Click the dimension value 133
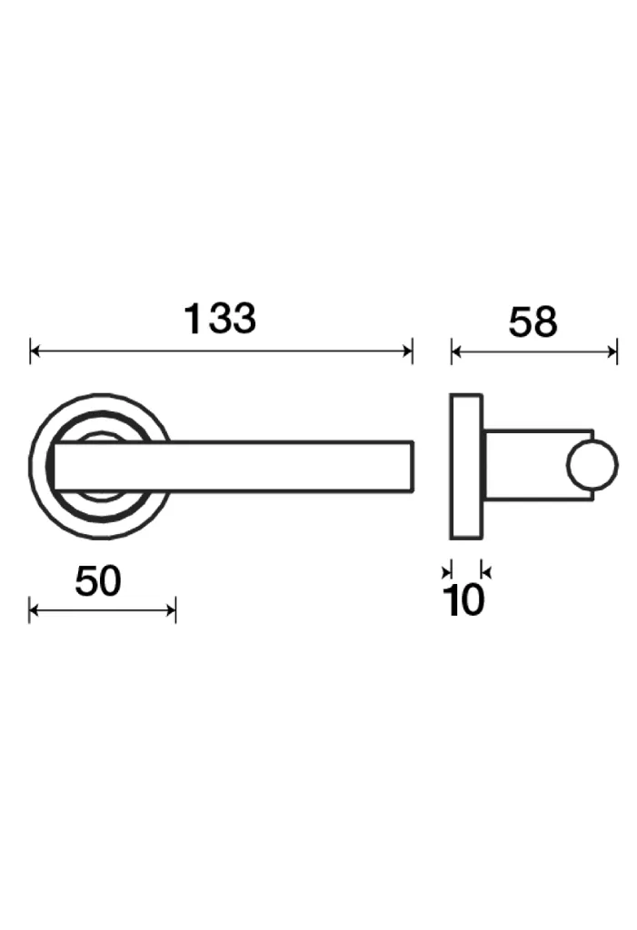tap(220, 319)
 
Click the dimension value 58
tap(532, 322)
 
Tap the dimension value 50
tap(98, 581)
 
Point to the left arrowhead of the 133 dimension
tap(35, 351)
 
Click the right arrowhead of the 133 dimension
tap(407, 351)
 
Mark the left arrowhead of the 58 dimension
tap(456, 352)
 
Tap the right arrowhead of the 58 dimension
tap(612, 352)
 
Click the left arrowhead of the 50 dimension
tap(34, 609)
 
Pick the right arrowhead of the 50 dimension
tap(171, 609)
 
